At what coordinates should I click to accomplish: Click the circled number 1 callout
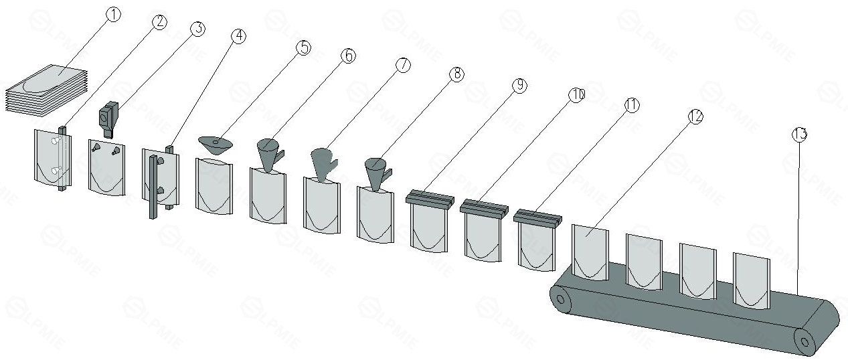click(x=114, y=15)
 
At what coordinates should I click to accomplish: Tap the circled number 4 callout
click(x=238, y=36)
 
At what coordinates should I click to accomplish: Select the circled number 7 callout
click(x=403, y=65)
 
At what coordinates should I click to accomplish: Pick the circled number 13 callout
click(x=799, y=134)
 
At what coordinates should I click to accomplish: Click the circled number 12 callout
click(x=695, y=116)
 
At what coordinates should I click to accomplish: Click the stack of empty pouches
click(x=46, y=90)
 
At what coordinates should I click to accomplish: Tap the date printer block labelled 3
click(x=108, y=118)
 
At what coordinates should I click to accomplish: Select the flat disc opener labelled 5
click(x=216, y=145)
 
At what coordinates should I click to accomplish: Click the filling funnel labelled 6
click(x=270, y=155)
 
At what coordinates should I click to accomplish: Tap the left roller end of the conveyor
click(x=560, y=300)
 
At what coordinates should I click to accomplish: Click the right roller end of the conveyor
click(x=804, y=343)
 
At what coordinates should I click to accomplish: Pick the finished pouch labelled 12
click(x=590, y=252)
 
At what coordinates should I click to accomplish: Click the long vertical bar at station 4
click(x=153, y=187)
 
